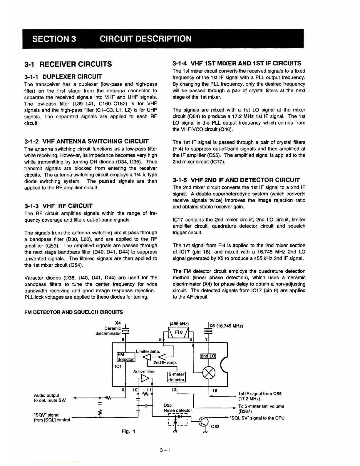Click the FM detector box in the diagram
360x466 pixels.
[x=126, y=357]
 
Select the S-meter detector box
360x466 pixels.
[x=176, y=377]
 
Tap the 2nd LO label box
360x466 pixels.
[x=208, y=356]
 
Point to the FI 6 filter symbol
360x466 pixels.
[x=179, y=332]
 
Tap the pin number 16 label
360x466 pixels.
[x=215, y=390]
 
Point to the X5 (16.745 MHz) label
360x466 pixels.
[x=225, y=326]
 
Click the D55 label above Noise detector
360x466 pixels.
[x=168, y=405]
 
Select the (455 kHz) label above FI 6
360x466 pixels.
[x=179, y=324]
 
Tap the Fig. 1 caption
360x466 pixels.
[x=128, y=431]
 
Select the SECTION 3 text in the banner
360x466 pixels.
[x=54, y=39]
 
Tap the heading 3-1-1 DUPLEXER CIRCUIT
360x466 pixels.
[x=63, y=77]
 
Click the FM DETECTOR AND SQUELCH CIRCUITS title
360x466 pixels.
[x=74, y=312]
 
